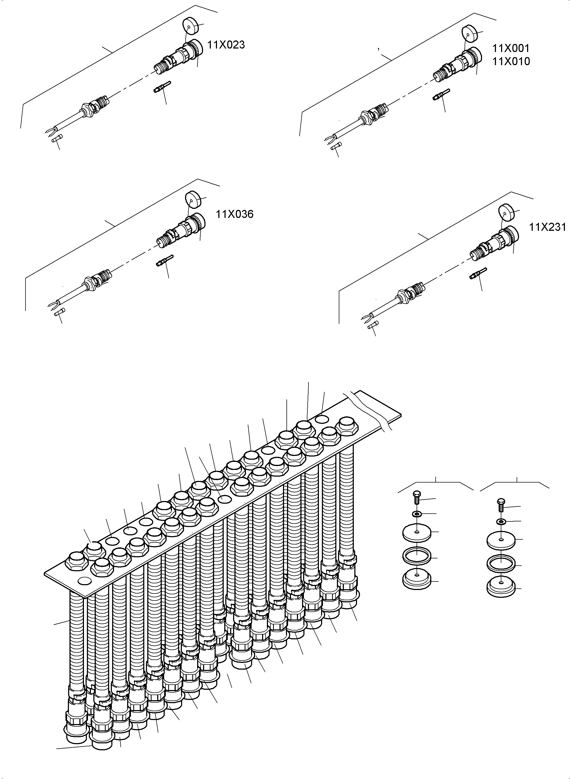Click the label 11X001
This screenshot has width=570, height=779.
click(511, 48)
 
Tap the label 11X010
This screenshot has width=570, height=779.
click(511, 61)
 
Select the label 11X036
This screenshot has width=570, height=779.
click(235, 214)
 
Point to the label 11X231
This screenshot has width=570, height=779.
click(547, 227)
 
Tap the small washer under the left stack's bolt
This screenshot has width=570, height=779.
click(417, 514)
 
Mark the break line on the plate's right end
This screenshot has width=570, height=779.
click(369, 410)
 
